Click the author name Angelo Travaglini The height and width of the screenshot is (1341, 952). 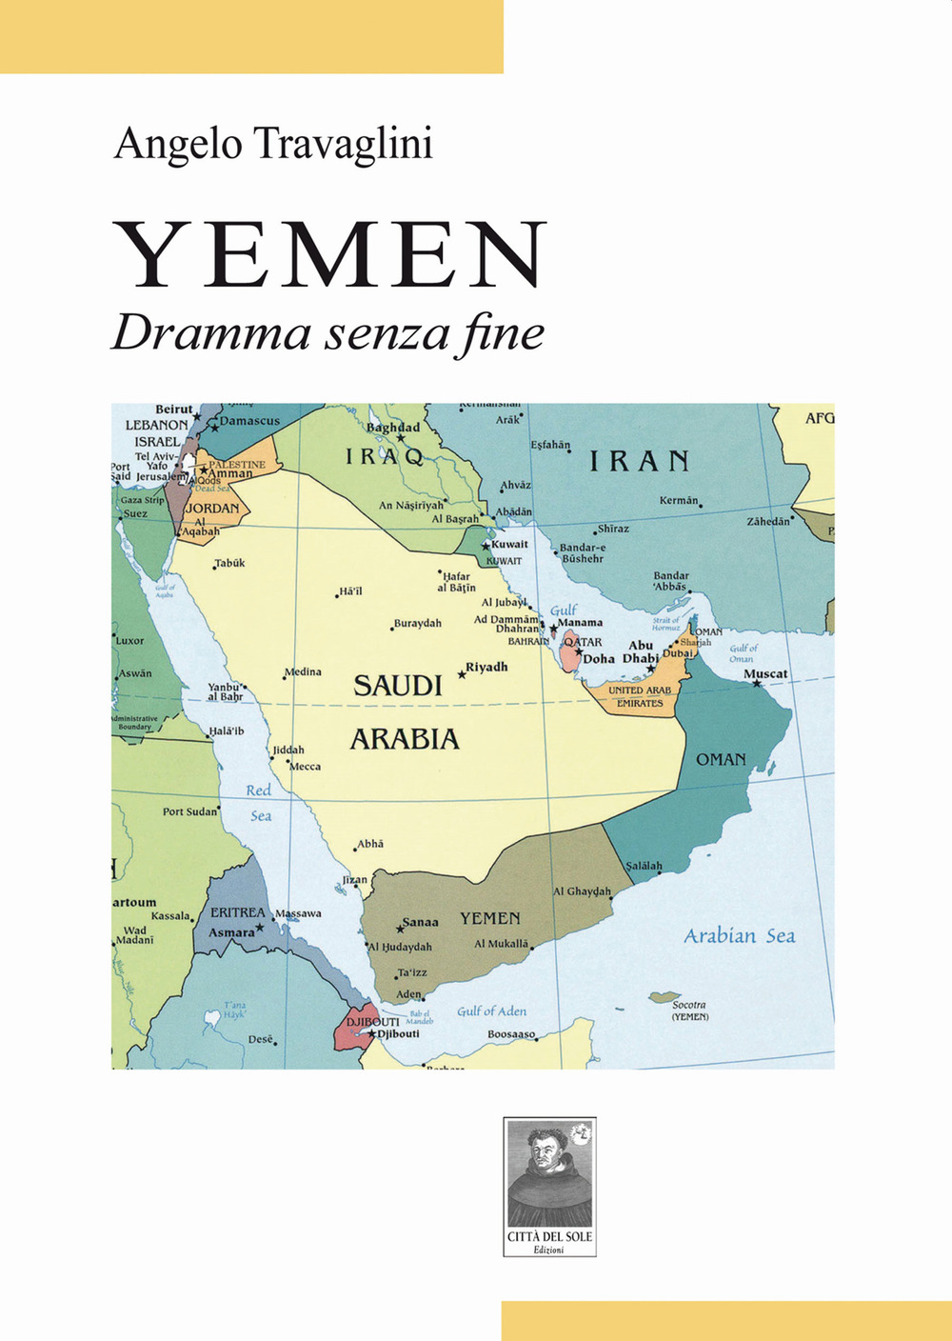click(x=273, y=144)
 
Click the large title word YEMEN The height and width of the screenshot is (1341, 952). click(x=330, y=254)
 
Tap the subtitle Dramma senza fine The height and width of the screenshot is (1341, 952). click(x=327, y=333)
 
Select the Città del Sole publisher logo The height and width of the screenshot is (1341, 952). click(x=549, y=1187)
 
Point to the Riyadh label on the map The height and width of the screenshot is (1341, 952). click(x=486, y=667)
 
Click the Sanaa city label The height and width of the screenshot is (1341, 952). click(x=420, y=922)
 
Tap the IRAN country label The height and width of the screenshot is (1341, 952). click(x=639, y=462)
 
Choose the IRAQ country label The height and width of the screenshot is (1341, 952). click(x=385, y=457)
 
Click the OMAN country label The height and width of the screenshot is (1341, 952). click(x=721, y=759)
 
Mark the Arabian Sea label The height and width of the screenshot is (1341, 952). click(x=739, y=936)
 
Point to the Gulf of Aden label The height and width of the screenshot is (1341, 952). click(x=491, y=1011)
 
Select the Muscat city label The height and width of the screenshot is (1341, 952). click(x=765, y=673)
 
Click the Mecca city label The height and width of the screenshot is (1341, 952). click(x=305, y=767)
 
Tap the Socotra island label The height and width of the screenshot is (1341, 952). click(x=689, y=1005)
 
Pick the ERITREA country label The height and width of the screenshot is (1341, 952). click(x=237, y=912)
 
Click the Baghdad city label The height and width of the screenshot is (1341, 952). click(x=393, y=428)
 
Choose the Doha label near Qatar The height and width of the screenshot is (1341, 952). click(x=599, y=659)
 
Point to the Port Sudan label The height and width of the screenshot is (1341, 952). click(x=189, y=811)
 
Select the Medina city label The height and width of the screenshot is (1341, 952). click(x=303, y=672)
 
